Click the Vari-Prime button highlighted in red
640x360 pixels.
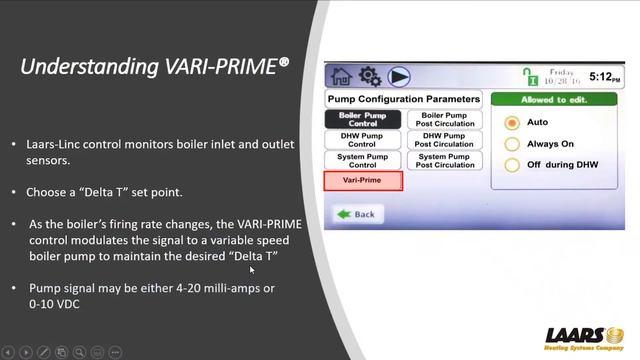coord(363,181)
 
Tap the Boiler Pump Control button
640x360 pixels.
coord(363,119)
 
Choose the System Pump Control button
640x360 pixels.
coord(363,160)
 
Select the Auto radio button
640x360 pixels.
coord(512,122)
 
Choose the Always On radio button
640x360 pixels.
coord(512,144)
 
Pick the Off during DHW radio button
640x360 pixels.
coord(512,165)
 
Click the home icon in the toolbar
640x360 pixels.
coord(341,76)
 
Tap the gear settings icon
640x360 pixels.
coord(370,76)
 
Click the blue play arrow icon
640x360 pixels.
coord(401,76)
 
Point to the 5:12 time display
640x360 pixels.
coord(603,76)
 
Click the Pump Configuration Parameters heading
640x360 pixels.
coord(404,99)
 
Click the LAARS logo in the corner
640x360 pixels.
coord(584,335)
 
